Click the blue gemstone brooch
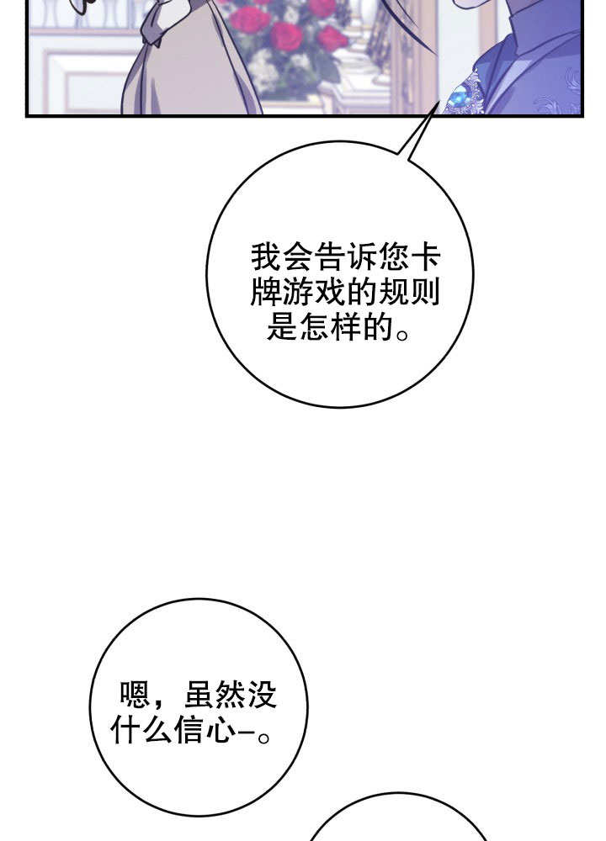tap(459, 98)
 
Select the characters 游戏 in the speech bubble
tap(314, 293)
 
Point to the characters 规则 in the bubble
tap(410, 293)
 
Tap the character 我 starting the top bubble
tap(266, 258)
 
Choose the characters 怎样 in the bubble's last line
tap(330, 326)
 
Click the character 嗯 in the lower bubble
tap(134, 695)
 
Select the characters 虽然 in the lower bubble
tap(214, 695)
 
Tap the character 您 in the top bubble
tap(393, 258)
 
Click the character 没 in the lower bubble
tap(261, 695)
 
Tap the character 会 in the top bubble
tap(298, 258)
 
